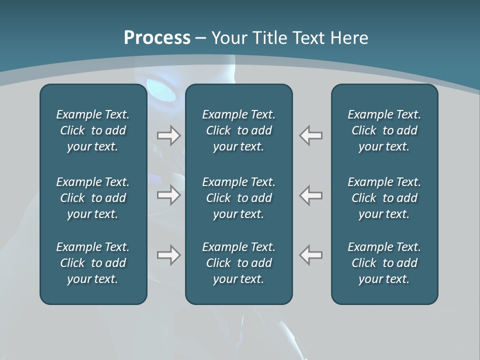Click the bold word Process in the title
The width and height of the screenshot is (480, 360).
point(157,38)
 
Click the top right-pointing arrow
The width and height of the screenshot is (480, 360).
point(169,135)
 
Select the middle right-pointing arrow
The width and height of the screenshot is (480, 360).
point(169,195)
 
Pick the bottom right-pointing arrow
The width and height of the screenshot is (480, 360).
point(169,255)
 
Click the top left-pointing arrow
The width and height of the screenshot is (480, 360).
point(311,135)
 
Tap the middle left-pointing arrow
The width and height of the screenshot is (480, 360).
point(311,195)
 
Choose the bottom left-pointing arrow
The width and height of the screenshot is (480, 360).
point(311,255)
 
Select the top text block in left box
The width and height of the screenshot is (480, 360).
point(93,130)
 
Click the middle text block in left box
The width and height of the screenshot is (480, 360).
point(93,198)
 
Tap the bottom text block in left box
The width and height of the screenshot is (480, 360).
point(93,263)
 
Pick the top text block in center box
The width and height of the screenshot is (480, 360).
point(238,130)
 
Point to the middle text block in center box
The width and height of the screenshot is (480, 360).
point(238,198)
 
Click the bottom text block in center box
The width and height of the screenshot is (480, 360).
point(238,263)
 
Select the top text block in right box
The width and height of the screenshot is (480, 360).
point(384,130)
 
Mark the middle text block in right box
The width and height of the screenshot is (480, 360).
point(384,198)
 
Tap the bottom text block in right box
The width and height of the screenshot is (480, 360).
point(384,263)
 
